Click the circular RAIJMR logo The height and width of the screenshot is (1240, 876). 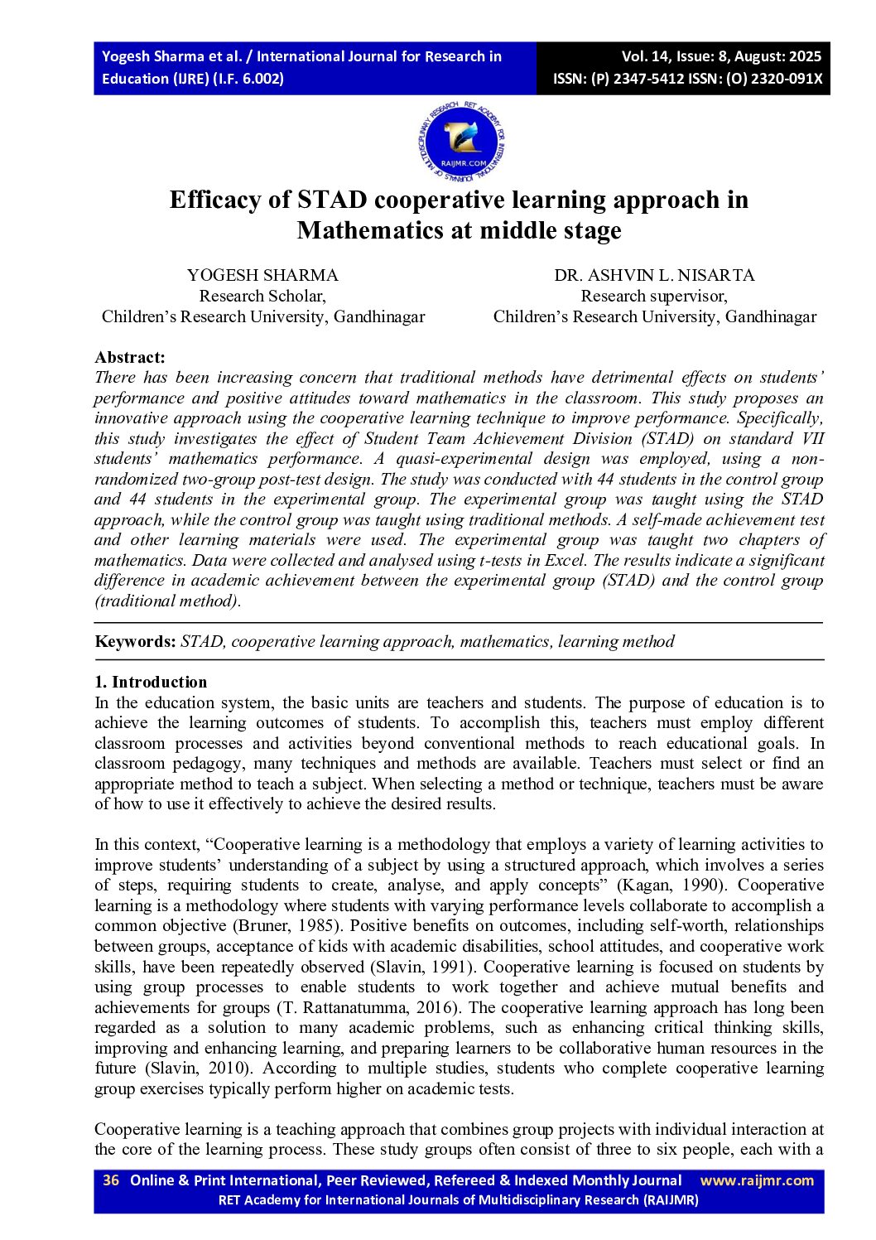462,143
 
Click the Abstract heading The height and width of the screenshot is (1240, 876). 130,357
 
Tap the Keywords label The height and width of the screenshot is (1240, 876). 135,641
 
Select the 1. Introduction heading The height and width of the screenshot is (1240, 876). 151,682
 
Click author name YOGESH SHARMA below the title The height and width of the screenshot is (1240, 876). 262,275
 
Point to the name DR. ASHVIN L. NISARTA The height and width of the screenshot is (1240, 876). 654,275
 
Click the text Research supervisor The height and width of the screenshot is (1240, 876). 654,296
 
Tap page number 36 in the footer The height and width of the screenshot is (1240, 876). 111,1180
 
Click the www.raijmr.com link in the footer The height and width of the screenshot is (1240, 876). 757,1180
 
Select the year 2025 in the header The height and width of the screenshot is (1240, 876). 805,56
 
